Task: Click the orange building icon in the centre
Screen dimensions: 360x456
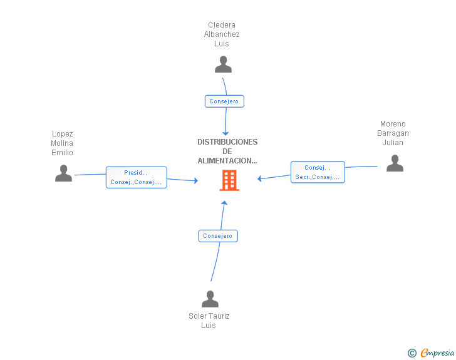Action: (x=229, y=180)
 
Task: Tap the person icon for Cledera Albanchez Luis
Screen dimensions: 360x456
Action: (x=223, y=64)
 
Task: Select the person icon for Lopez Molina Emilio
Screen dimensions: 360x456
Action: (x=63, y=173)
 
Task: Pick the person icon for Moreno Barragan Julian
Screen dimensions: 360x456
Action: (x=395, y=163)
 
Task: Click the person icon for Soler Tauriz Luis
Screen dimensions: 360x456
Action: (x=210, y=299)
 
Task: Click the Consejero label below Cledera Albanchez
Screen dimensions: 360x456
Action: (x=224, y=101)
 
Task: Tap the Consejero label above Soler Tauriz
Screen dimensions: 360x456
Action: (x=218, y=236)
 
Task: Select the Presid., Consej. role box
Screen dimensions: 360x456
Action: (x=137, y=178)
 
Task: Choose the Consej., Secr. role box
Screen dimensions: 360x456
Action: (x=318, y=172)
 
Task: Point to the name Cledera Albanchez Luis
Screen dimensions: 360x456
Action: (x=222, y=34)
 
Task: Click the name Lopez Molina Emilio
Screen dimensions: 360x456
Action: (x=62, y=143)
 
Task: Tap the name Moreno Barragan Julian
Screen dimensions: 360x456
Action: (x=393, y=133)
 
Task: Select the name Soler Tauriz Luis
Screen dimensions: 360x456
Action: (x=209, y=321)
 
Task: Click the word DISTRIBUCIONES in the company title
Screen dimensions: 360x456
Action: (x=227, y=142)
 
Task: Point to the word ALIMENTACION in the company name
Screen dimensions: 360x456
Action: (x=227, y=161)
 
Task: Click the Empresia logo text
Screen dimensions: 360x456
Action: (x=437, y=353)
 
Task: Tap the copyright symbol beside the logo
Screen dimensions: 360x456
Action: (x=412, y=354)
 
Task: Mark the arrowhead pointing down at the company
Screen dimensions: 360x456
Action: (x=225, y=133)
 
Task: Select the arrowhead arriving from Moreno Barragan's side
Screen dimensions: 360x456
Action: (x=260, y=179)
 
